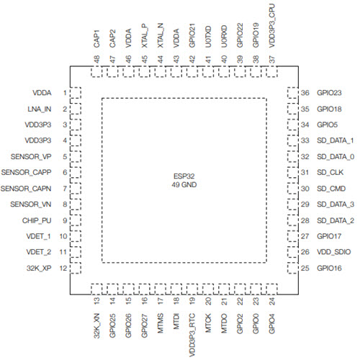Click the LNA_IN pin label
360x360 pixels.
click(40, 109)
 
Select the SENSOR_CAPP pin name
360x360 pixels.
click(26, 172)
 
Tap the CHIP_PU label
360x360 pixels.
click(37, 220)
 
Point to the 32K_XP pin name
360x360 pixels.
click(39, 268)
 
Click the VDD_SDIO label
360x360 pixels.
click(334, 252)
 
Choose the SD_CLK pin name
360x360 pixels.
click(330, 172)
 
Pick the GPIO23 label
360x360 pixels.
click(329, 93)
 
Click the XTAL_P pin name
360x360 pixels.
click(145, 35)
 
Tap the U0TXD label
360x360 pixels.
click(208, 37)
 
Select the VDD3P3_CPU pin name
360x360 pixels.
click(272, 26)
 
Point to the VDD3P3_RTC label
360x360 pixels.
click(192, 335)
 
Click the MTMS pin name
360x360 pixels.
click(161, 323)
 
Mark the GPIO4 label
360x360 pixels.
click(271, 323)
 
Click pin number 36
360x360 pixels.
click(305, 93)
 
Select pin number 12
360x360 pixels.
click(63, 268)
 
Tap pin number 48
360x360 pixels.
click(96, 59)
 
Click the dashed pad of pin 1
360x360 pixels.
click(76, 93)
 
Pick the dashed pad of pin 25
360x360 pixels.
click(293, 268)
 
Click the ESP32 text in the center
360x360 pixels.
click(184, 176)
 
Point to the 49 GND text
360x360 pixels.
click(184, 185)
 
